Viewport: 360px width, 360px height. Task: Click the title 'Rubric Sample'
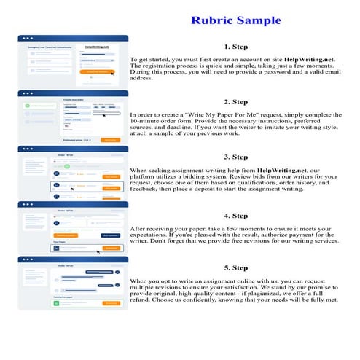pos(235,20)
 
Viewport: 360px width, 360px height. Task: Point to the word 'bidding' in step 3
pos(206,176)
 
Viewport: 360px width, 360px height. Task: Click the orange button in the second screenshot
pos(109,139)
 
